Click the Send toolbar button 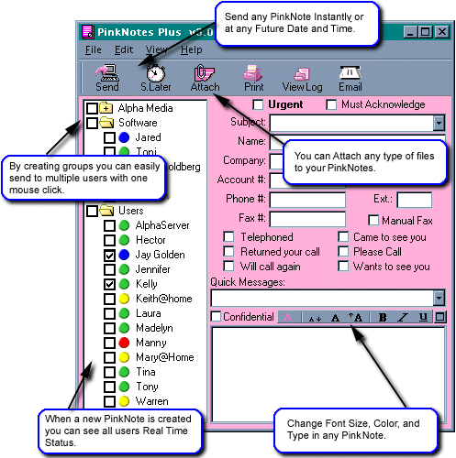click(106, 78)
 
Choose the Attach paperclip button click(205, 78)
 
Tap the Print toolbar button click(253, 78)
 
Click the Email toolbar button click(350, 78)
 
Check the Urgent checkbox click(258, 104)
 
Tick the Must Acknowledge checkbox click(331, 104)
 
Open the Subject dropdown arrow click(439, 124)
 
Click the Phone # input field click(307, 200)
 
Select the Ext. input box click(415, 200)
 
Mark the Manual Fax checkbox click(373, 220)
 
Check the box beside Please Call click(343, 252)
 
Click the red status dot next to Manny click(124, 343)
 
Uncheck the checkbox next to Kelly click(109, 284)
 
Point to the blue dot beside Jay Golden click(124, 255)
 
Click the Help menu click(192, 49)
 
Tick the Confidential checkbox click(216, 317)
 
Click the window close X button click(442, 32)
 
